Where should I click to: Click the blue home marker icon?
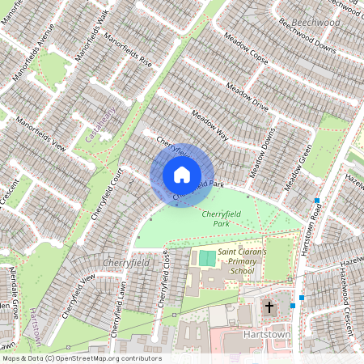(x=182, y=175)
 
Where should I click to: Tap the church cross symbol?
(x=269, y=307)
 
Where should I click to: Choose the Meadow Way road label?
(x=209, y=125)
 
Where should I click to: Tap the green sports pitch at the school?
(x=208, y=259)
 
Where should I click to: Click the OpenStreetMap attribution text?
(x=81, y=358)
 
